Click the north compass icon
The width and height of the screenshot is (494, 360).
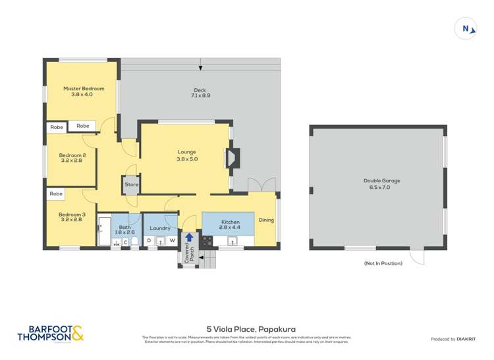[x=466, y=29]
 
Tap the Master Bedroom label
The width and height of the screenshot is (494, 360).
[x=83, y=91]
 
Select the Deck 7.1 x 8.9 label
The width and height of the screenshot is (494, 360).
[x=200, y=93]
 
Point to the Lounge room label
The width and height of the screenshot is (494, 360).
[x=187, y=155]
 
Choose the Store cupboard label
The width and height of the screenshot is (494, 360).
[x=132, y=185]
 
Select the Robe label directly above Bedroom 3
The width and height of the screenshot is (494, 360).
[x=57, y=194]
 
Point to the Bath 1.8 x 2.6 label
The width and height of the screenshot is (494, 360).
[x=125, y=230]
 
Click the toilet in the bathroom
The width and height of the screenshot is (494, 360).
[x=134, y=242]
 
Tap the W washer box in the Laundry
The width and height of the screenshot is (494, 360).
[x=172, y=241]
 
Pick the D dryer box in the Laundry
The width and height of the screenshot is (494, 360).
[x=149, y=241]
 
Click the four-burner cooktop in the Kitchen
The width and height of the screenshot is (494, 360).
[x=207, y=242]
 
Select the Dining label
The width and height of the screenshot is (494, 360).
[x=265, y=220]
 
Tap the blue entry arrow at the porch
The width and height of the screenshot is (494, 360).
[x=189, y=238]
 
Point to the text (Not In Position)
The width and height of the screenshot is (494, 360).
[x=383, y=263]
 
